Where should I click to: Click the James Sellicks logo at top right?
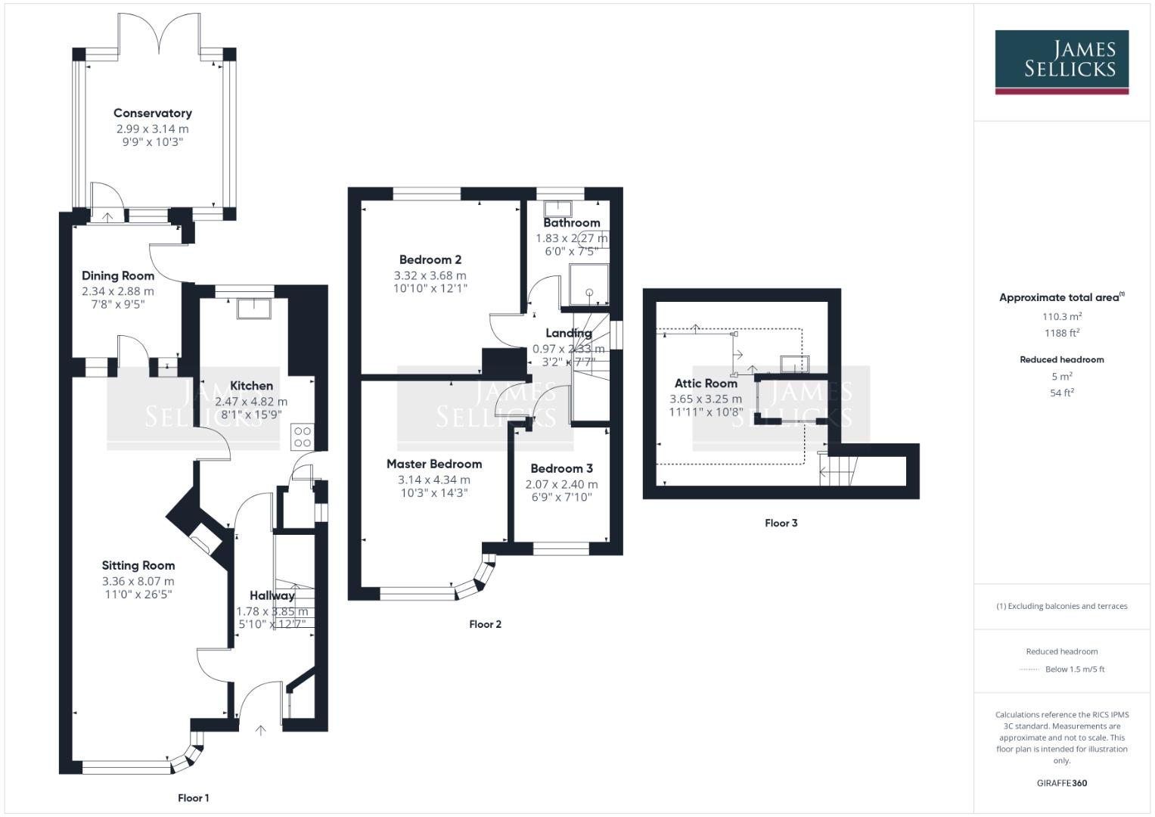[1061, 61]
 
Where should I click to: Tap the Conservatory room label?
[152, 113]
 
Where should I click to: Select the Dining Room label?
[118, 276]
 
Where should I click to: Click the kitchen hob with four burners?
[303, 436]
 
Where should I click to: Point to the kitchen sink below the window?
[252, 308]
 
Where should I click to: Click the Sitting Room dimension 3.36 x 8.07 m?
[138, 582]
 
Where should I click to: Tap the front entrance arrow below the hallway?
[261, 730]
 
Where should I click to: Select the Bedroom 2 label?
[430, 260]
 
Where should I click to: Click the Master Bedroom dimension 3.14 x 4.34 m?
[433, 480]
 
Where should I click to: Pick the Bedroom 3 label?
[561, 469]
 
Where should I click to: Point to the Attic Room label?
[705, 384]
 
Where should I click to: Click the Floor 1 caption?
[194, 798]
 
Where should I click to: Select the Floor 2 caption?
[485, 624]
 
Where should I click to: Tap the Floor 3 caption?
[781, 523]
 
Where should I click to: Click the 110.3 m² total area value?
[1061, 317]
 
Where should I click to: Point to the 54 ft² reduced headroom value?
[1061, 393]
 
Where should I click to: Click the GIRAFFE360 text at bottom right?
[1061, 783]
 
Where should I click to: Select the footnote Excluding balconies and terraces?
[1061, 606]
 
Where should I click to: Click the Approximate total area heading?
[1060, 297]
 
